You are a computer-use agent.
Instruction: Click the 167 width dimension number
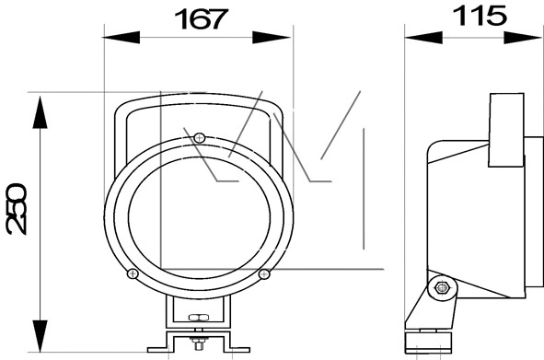201,19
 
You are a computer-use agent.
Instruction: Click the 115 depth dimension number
480,16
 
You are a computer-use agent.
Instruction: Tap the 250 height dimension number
16,209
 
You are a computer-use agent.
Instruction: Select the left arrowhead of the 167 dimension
122,37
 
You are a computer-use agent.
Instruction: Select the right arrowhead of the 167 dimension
272,37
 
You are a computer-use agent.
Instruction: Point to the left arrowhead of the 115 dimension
423,38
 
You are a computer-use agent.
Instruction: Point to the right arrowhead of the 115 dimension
523,38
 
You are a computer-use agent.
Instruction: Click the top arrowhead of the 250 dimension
41,112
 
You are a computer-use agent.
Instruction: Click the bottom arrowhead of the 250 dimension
41,336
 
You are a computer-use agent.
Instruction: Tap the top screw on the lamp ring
199,138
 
